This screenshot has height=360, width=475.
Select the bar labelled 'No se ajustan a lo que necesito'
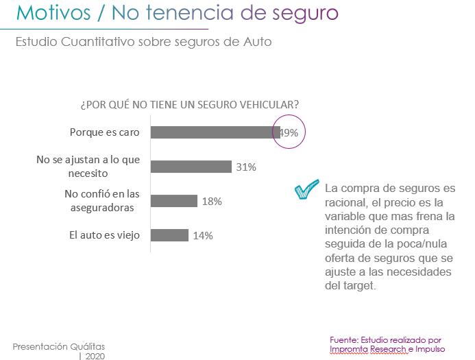[191, 167]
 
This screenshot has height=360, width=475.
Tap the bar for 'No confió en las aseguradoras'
[173, 201]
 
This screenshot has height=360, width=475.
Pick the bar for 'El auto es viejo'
[169, 235]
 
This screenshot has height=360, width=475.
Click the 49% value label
[289, 133]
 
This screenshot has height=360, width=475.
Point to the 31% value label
[246, 167]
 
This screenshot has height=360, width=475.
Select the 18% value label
[211, 202]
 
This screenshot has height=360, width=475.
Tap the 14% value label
[203, 236]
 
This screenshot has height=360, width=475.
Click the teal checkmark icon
[306, 190]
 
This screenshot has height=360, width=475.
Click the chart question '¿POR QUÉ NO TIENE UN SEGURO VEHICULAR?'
[189, 104]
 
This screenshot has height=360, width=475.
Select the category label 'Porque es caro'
[105, 132]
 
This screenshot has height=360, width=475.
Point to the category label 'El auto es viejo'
[104, 235]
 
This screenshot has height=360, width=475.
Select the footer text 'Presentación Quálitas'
[59, 346]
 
